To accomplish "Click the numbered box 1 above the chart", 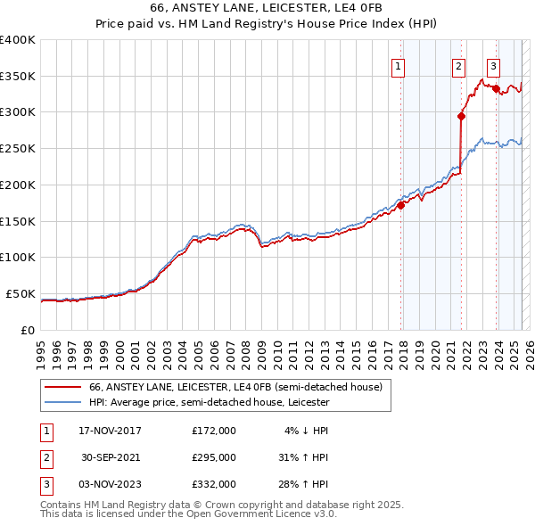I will coord(397,65).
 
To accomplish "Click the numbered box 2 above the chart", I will coord(458,65).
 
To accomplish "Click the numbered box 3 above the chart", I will coord(493,65).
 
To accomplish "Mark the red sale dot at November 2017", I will coord(401,204).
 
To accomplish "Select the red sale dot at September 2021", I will coord(462,115).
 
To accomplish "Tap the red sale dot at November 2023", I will coord(495,88).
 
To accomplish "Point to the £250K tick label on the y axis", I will coord(17,149).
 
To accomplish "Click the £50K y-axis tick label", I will coord(21,293).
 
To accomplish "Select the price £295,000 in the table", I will coord(214,457).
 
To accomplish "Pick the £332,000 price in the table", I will coord(214,484).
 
